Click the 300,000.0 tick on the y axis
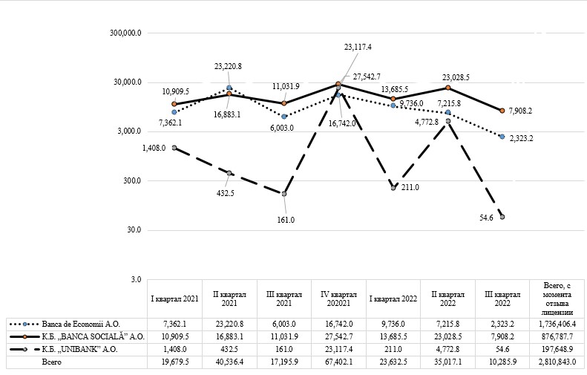[125, 33]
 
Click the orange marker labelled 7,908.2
[502, 111]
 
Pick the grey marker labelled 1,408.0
[174, 148]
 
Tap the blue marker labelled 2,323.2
[502, 137]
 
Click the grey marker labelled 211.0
[393, 189]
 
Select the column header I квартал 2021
[174, 299]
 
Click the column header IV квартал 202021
[338, 299]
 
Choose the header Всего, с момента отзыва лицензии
[557, 299]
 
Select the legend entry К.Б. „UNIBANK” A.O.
[74, 348]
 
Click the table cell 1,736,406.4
[557, 325]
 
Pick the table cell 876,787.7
[557, 336]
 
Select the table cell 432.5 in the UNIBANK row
[229, 348]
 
